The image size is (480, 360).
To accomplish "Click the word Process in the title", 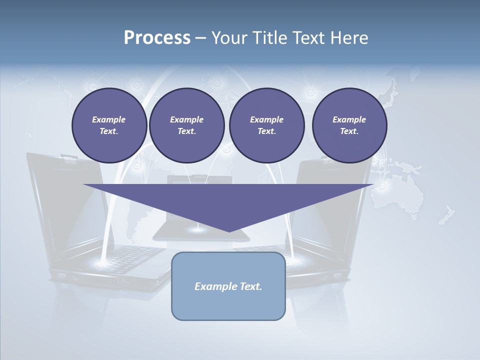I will [x=157, y=38].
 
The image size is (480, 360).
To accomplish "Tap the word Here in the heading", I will [x=349, y=38].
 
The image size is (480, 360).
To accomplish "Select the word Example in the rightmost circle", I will [x=349, y=119].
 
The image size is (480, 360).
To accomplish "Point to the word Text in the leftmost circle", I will [x=108, y=131].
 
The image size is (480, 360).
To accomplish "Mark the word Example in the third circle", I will [x=266, y=119].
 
